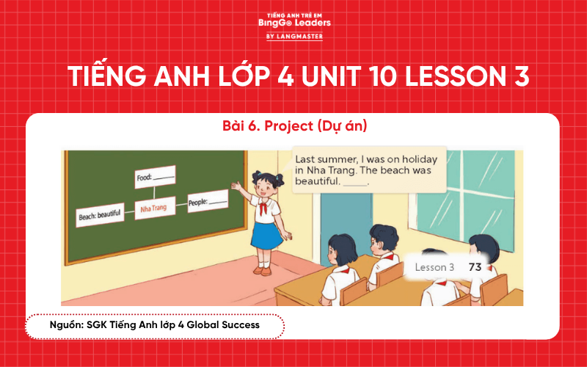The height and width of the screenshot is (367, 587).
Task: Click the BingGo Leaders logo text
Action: point(294,23)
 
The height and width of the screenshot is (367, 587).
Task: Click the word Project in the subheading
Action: point(289,126)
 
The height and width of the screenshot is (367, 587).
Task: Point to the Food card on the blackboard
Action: point(155,177)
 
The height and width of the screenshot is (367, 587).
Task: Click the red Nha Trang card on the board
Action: point(154,208)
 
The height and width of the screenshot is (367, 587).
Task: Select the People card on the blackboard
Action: point(208,200)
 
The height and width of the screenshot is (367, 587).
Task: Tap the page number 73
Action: point(474,267)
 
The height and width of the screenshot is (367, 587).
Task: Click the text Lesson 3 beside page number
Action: point(434,267)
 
